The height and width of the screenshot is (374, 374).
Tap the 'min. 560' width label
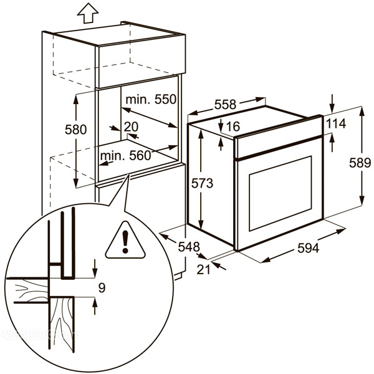click(127, 156)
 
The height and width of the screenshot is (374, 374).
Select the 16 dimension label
click(233, 127)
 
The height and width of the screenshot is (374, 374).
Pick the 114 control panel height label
click(335, 124)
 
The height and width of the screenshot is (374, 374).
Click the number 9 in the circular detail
click(102, 287)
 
